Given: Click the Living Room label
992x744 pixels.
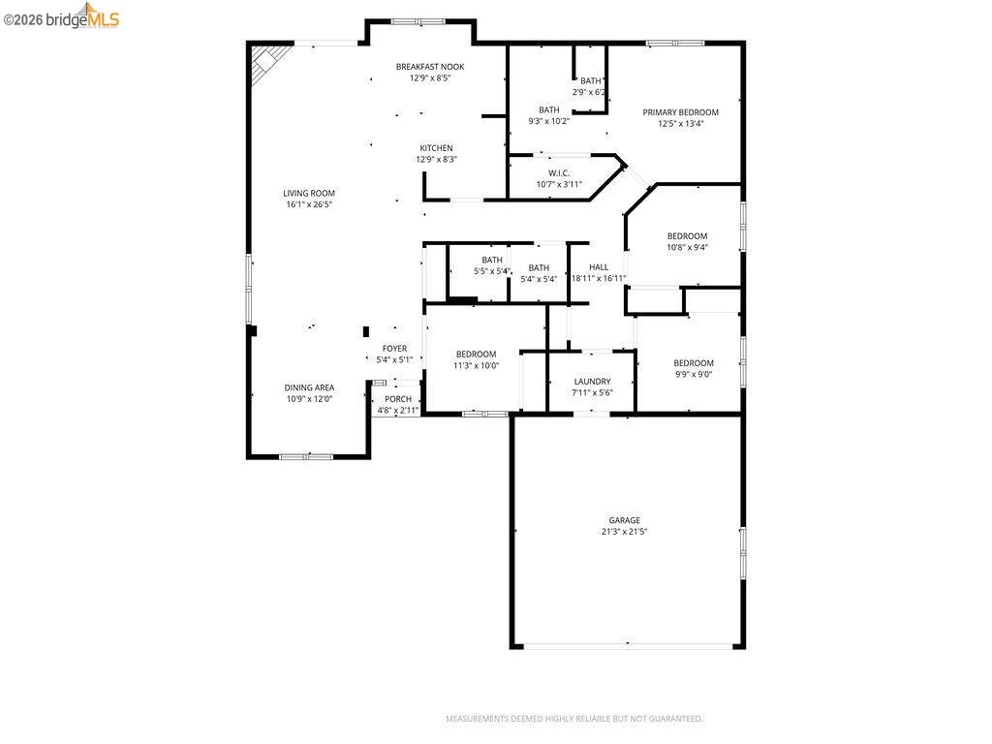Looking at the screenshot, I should (309, 193).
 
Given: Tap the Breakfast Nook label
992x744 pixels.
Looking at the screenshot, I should (430, 67).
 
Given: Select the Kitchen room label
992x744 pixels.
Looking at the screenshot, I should (436, 148).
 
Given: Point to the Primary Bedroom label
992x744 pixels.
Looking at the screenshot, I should (681, 112).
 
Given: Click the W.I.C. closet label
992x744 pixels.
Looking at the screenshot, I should (559, 172).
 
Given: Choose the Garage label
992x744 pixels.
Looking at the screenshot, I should (624, 520).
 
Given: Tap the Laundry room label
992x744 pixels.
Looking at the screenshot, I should (592, 382).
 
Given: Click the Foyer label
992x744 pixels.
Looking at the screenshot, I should (394, 349).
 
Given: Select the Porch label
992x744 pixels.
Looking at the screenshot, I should (398, 399).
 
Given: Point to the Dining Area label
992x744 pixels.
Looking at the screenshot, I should (309, 387).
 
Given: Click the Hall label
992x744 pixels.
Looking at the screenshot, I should (599, 267).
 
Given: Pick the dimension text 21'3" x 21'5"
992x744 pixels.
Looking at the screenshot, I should (624, 532).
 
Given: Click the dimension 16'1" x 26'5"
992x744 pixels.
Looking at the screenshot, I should (309, 204).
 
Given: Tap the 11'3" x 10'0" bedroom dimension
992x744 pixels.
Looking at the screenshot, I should (477, 366).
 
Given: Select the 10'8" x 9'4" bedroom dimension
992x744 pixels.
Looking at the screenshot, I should (687, 247).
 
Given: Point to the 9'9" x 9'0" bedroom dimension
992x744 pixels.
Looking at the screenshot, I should (694, 374).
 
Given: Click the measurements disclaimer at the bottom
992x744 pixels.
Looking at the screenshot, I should (573, 719).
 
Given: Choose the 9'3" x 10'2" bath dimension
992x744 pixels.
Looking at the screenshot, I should (549, 121).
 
